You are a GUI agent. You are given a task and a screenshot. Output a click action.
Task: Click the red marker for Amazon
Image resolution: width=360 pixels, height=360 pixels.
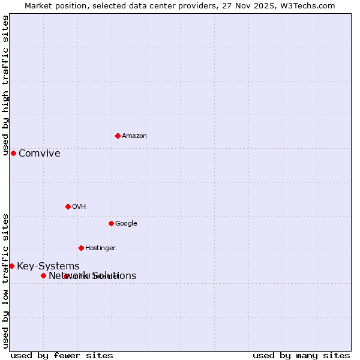pyautogui.click(x=118, y=136)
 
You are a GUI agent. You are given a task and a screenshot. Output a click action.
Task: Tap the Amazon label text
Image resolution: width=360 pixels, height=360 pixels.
pyautogui.click(x=134, y=136)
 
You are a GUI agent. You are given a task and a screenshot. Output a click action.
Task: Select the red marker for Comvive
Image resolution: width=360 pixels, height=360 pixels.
pyautogui.click(x=13, y=153)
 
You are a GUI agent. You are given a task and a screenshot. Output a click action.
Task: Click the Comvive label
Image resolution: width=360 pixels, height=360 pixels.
pyautogui.click(x=39, y=154)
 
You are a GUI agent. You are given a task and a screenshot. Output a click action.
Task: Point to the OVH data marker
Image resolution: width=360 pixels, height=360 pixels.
pyautogui.click(x=68, y=206)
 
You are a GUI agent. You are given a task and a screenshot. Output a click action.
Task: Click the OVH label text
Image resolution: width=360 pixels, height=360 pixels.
pyautogui.click(x=79, y=207)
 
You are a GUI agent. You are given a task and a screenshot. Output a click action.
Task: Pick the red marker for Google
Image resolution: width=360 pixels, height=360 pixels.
pyautogui.click(x=111, y=223)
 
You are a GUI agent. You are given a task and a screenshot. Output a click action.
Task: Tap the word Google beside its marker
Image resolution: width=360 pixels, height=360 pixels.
pyautogui.click(x=126, y=224)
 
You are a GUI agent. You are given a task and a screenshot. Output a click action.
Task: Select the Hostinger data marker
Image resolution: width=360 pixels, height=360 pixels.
pyautogui.click(x=81, y=248)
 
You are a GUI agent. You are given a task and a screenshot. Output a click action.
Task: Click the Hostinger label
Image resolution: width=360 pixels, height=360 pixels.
pyautogui.click(x=100, y=248)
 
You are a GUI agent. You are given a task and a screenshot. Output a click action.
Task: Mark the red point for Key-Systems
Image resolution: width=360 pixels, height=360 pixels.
pyautogui.click(x=11, y=266)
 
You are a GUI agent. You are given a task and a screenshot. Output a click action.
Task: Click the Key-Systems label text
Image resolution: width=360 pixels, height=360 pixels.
pyautogui.click(x=48, y=266)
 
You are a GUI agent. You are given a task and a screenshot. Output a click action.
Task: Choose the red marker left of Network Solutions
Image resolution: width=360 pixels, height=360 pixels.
pyautogui.click(x=43, y=275)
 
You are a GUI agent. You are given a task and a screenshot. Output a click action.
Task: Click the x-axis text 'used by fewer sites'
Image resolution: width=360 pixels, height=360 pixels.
pyautogui.click(x=62, y=355)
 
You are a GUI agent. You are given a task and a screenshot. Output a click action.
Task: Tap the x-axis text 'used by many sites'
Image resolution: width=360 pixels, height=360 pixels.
pyautogui.click(x=301, y=355)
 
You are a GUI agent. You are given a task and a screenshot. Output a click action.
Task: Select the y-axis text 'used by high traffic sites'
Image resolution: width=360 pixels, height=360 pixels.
pyautogui.click(x=5, y=85)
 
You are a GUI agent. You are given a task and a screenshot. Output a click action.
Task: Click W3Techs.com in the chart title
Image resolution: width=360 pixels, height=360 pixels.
pyautogui.click(x=309, y=6)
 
